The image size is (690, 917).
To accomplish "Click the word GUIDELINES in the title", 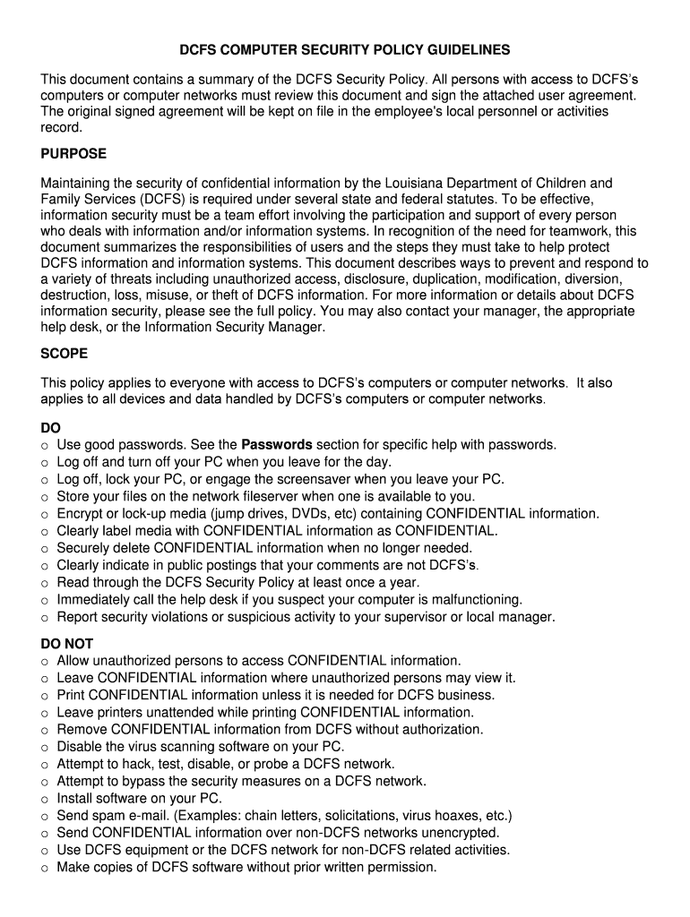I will [464, 50].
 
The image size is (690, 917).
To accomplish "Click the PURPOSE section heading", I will [73, 154].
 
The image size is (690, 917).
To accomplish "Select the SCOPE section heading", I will [64, 354].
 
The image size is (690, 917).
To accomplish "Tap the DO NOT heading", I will [67, 644].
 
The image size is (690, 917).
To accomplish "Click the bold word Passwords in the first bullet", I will [277, 444].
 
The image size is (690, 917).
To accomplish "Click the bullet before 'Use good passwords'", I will [45, 445].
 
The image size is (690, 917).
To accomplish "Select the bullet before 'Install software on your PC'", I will [45, 799].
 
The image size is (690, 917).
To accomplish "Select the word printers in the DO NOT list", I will [118, 713].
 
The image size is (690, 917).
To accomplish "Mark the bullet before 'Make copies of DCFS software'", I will [45, 868].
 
